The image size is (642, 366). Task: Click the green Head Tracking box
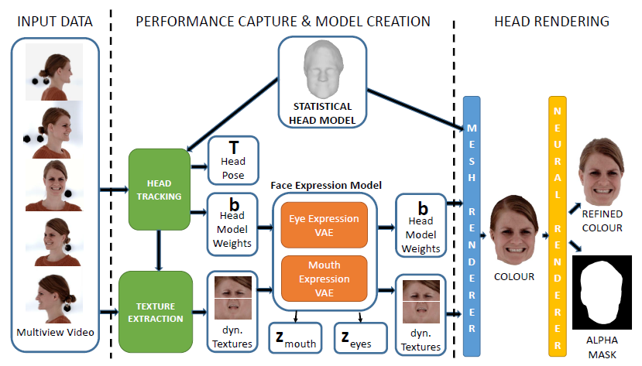(159, 189)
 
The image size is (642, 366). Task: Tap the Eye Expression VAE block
(323, 224)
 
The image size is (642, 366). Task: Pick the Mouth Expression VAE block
(323, 278)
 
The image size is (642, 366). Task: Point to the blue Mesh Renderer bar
(472, 224)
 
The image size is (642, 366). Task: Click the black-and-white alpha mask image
(603, 295)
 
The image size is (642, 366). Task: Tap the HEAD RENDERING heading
(551, 21)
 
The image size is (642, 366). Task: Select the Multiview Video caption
(55, 334)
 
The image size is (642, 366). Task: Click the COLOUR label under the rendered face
(514, 275)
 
